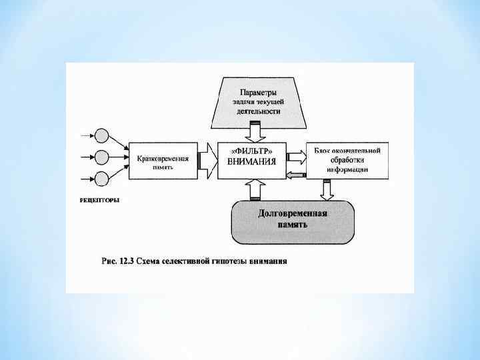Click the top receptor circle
(102, 136)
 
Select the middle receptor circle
(102, 158)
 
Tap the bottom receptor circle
(102, 179)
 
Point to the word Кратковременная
(163, 159)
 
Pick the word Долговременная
(292, 213)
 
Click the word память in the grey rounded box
(292, 225)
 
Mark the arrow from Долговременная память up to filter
(254, 190)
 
